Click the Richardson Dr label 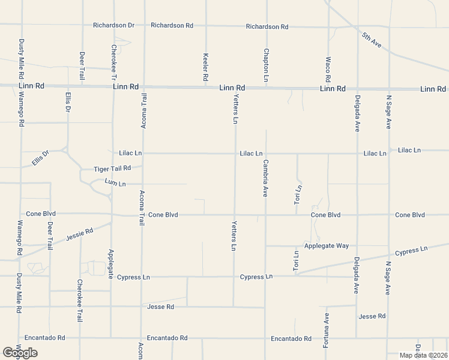[113, 25]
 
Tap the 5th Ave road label [372, 40]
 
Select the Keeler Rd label [205, 67]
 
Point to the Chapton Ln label [266, 65]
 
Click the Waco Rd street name [328, 70]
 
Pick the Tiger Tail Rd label [112, 169]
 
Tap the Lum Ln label [115, 182]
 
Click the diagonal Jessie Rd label [80, 233]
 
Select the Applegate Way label [326, 246]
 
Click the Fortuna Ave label [327, 331]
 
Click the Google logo [19, 353]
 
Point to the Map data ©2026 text [423, 355]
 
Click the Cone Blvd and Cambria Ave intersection [265, 215]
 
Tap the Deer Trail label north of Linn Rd [82, 67]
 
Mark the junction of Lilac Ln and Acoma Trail [142, 153]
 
